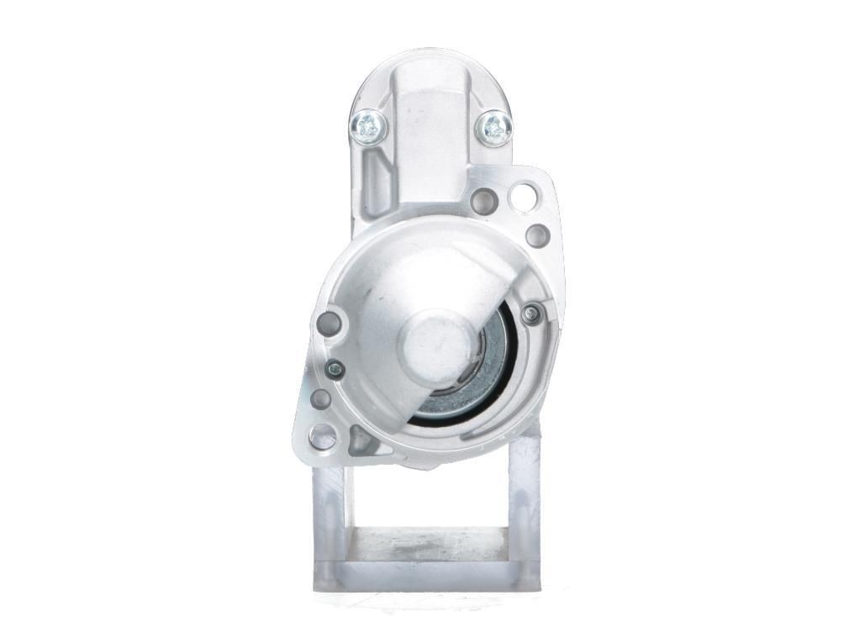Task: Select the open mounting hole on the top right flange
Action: point(522,198)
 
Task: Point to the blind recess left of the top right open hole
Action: point(483,201)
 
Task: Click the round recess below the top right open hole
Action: point(537,235)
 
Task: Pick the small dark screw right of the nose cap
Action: point(530,315)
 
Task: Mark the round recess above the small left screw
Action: point(330,323)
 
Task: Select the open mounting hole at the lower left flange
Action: point(322,436)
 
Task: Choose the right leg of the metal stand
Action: point(524,513)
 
